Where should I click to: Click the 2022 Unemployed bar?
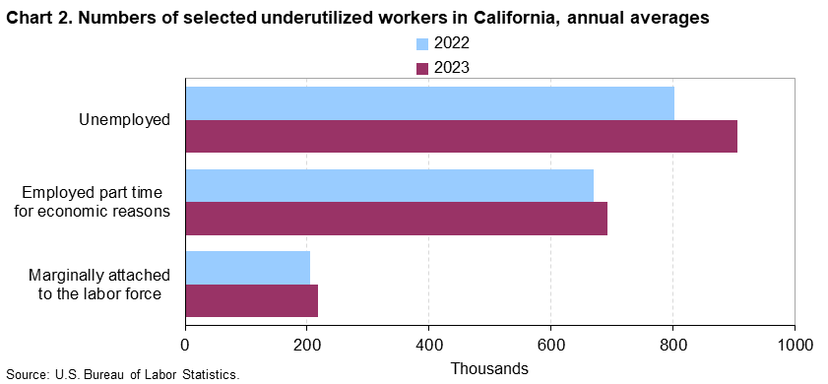pyautogui.click(x=430, y=103)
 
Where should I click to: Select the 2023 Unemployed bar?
pyautogui.click(x=462, y=136)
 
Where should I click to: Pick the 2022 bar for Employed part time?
pyautogui.click(x=390, y=185)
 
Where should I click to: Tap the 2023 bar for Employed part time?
pyautogui.click(x=397, y=219)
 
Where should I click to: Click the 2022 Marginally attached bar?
pyautogui.click(x=248, y=268)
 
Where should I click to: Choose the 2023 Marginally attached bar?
pyautogui.click(x=252, y=300)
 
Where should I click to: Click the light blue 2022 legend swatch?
pyautogui.click(x=422, y=44)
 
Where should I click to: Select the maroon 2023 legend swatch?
pyautogui.click(x=422, y=69)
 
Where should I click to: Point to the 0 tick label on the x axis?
pyautogui.click(x=185, y=345)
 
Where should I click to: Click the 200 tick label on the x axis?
pyautogui.click(x=307, y=345)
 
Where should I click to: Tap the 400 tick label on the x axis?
pyautogui.click(x=429, y=345)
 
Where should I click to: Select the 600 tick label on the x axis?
pyautogui.click(x=550, y=345)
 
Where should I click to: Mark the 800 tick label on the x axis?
pyautogui.click(x=672, y=345)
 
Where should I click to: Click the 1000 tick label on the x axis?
pyautogui.click(x=795, y=345)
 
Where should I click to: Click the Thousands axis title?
pyautogui.click(x=489, y=367)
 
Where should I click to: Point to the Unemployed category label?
pyautogui.click(x=125, y=120)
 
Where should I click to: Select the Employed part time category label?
pyautogui.click(x=99, y=202)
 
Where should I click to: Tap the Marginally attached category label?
pyautogui.click(x=99, y=285)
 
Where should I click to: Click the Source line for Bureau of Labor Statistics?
pyautogui.click(x=122, y=375)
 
